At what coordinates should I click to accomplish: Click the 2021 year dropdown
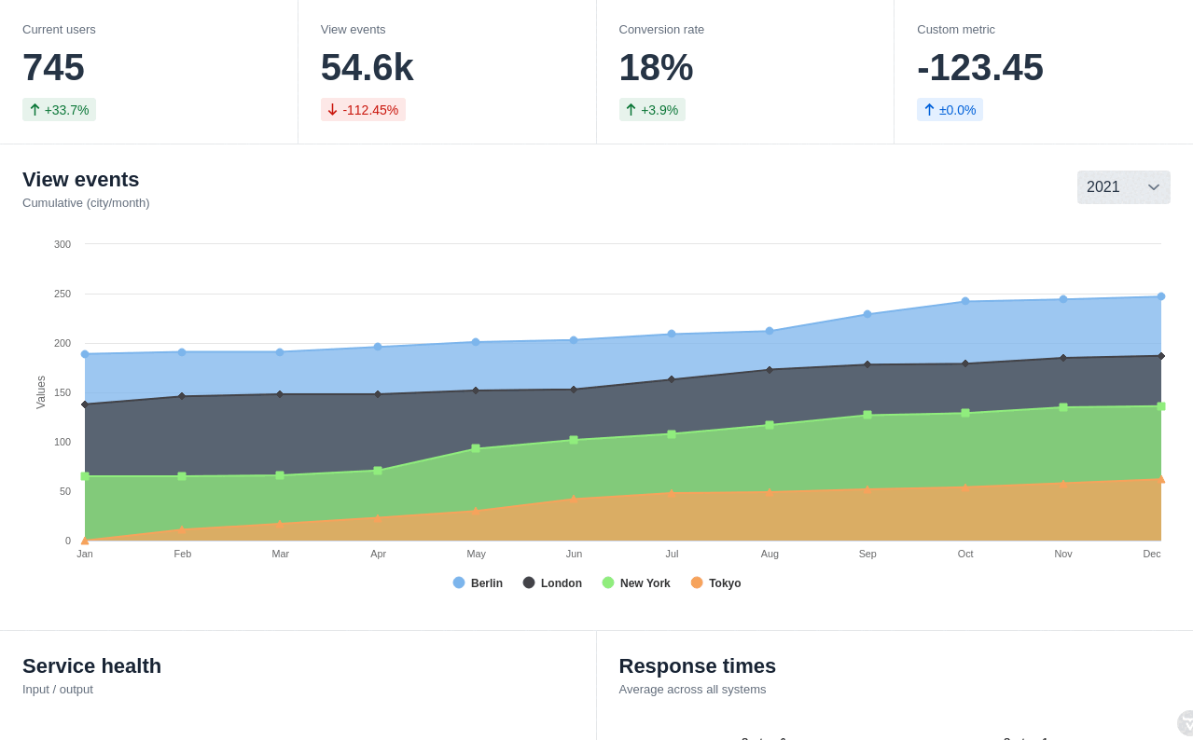tap(1123, 187)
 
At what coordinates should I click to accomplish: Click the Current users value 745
tap(53, 67)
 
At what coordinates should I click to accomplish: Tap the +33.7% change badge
tap(59, 110)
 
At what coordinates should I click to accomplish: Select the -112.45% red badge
tap(363, 110)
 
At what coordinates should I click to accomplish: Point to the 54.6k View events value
tap(367, 67)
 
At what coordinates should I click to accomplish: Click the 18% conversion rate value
tap(656, 67)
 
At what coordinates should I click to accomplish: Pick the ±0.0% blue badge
tap(950, 110)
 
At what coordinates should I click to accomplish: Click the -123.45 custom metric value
tap(979, 67)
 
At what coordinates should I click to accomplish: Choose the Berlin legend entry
tap(478, 583)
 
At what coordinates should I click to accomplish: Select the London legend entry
tap(552, 583)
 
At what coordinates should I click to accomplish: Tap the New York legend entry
tap(636, 583)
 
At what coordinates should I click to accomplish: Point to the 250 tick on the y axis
tap(62, 294)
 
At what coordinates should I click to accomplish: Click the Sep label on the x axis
tap(867, 554)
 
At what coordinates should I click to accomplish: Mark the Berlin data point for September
tap(867, 314)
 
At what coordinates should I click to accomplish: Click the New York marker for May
tap(476, 448)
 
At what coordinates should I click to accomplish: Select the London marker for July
tap(672, 379)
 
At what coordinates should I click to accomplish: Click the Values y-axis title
tap(41, 392)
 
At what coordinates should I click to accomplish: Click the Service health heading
tap(91, 666)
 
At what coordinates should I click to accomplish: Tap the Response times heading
tap(697, 666)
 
